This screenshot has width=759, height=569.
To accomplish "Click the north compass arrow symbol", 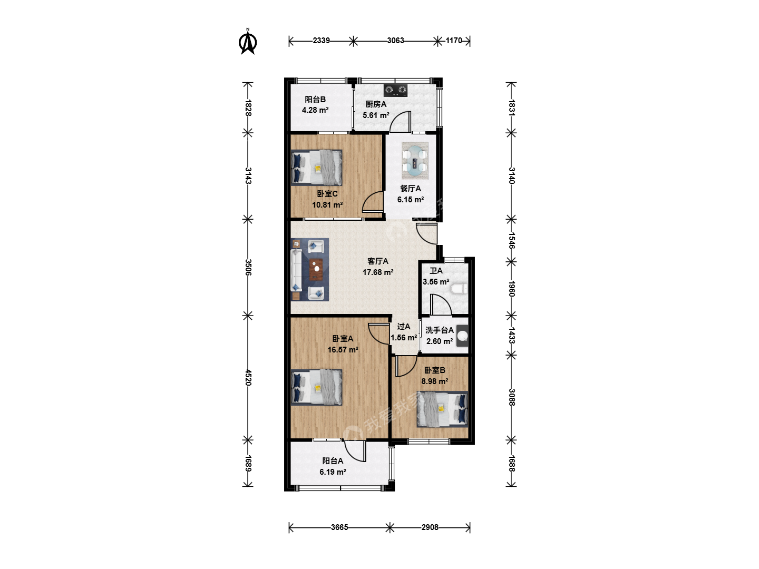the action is tap(248, 42).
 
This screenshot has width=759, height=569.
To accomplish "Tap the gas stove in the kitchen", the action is tap(396, 91).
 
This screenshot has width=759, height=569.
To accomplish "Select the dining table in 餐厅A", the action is tap(415, 161).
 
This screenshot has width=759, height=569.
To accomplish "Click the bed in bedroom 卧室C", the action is tap(316, 168).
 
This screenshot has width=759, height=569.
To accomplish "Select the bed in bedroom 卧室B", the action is tap(442, 409).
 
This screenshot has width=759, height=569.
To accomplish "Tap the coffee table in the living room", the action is tap(316, 269).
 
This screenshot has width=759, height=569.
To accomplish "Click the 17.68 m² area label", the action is tap(378, 272).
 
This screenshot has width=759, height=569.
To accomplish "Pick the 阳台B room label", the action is tap(315, 100).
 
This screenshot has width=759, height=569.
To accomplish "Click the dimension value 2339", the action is tap(321, 41).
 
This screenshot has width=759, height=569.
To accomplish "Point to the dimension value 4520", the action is tap(248, 378).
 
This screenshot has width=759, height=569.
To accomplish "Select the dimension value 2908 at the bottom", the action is tap(430, 527).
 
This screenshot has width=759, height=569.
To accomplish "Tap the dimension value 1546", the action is tap(512, 240).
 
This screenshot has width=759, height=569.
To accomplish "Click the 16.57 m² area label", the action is tap(343, 350).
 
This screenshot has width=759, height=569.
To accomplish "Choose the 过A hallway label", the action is tap(404, 327).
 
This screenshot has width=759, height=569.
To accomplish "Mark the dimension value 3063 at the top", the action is tap(396, 41).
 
